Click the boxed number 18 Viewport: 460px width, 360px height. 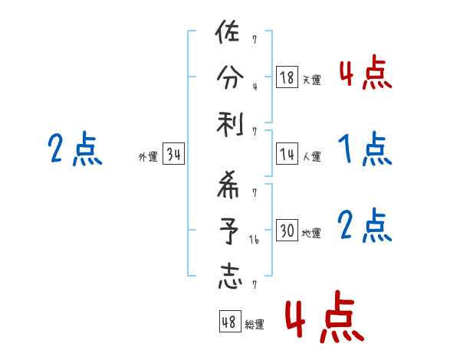pos(287,77)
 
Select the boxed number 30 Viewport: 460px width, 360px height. pos(287,231)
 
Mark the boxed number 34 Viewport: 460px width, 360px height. pos(173,155)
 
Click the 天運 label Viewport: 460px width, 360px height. pos(311,80)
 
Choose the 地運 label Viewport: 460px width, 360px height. pos(311,233)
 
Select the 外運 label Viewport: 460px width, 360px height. pos(147,157)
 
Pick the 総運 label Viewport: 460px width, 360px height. pos(255,324)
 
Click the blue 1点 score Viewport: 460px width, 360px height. pos(365,149)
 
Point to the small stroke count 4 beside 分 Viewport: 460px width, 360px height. pos(255,85)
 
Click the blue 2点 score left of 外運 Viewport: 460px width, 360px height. pos(74,149)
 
